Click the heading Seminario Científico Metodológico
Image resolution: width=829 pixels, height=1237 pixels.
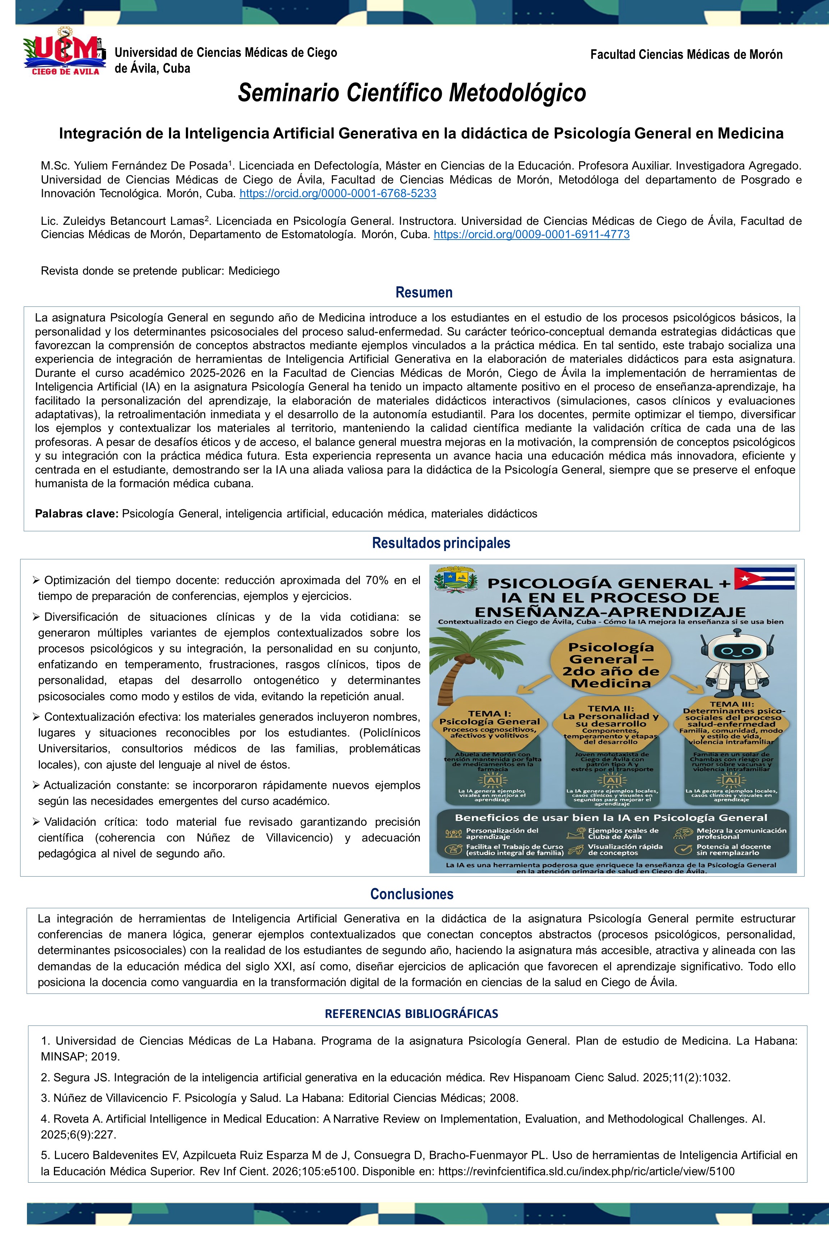tap(412, 92)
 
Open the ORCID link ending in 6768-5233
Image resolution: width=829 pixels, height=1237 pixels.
tap(338, 194)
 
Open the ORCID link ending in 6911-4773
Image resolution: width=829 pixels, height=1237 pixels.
tap(531, 234)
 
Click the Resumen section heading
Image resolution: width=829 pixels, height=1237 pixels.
tap(424, 292)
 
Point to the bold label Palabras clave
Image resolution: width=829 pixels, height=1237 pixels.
tap(77, 514)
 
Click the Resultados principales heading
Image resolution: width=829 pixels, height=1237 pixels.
tap(441, 543)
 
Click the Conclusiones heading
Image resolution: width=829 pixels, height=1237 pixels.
tap(412, 894)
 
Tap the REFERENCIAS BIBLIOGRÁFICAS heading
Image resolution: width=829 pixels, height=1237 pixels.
tap(411, 1013)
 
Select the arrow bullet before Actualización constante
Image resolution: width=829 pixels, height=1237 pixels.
tap(36, 785)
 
